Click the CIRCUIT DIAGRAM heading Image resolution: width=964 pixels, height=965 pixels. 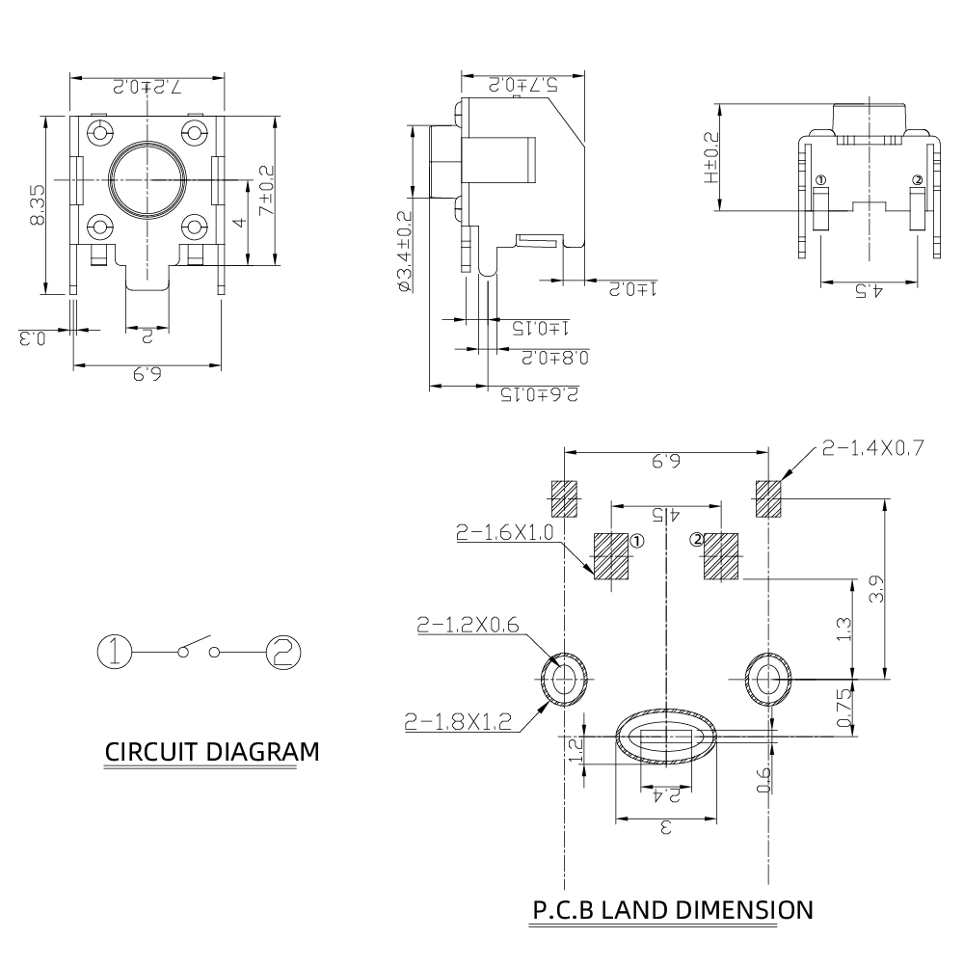pyautogui.click(x=210, y=752)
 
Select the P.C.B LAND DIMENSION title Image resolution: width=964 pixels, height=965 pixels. pyautogui.click(x=672, y=909)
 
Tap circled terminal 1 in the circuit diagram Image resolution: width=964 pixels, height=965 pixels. pyautogui.click(x=115, y=652)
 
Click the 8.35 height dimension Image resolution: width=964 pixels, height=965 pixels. pyautogui.click(x=37, y=205)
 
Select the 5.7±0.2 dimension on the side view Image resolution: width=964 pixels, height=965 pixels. pyautogui.click(x=522, y=85)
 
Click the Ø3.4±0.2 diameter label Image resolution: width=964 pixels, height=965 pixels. pyautogui.click(x=404, y=251)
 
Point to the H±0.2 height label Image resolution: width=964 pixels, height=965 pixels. pyautogui.click(x=710, y=158)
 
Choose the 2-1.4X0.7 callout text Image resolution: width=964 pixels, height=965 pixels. pyautogui.click(x=872, y=447)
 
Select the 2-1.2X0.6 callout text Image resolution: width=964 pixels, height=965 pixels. pyautogui.click(x=469, y=626)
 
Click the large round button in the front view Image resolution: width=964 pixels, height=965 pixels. pyautogui.click(x=147, y=178)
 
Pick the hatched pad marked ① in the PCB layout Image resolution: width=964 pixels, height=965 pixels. pyautogui.click(x=609, y=557)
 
